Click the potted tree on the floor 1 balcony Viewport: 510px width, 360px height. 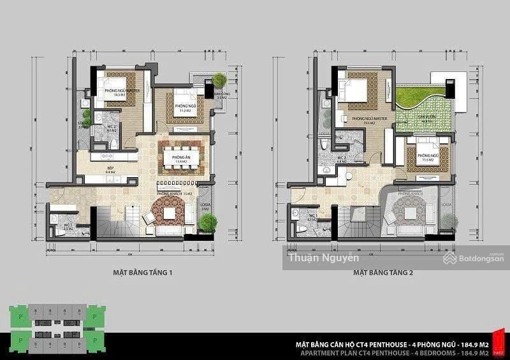[x=219, y=80]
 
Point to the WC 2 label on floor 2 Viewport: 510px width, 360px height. [x=341, y=157]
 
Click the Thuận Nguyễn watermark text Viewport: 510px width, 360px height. [x=324, y=258]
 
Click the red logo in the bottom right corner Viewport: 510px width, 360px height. [x=500, y=342]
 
